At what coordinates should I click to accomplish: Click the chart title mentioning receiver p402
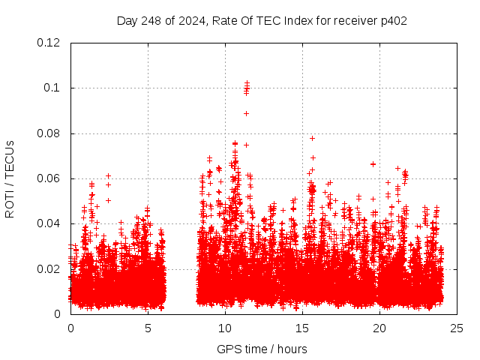pyautogui.click(x=262, y=20)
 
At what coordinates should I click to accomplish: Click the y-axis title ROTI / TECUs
pyautogui.click(x=10, y=178)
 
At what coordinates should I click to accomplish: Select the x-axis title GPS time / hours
pyautogui.click(x=262, y=349)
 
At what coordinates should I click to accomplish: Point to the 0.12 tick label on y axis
pyautogui.click(x=49, y=43)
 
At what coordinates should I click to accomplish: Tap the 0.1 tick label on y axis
pyautogui.click(x=52, y=88)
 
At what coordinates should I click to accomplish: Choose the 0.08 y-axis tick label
pyautogui.click(x=49, y=133)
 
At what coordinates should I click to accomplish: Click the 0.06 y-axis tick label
pyautogui.click(x=49, y=178)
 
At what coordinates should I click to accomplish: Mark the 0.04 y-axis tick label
pyautogui.click(x=49, y=223)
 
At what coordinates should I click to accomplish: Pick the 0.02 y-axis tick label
pyautogui.click(x=49, y=269)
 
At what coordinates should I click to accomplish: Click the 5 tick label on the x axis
pyautogui.click(x=148, y=328)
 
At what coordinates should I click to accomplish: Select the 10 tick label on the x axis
pyautogui.click(x=225, y=328)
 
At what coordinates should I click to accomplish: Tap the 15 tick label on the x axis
pyautogui.click(x=302, y=328)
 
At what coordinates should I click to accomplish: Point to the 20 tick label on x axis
pyautogui.click(x=379, y=328)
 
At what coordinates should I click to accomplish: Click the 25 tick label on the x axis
pyautogui.click(x=457, y=328)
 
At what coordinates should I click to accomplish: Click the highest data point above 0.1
pyautogui.click(x=247, y=82)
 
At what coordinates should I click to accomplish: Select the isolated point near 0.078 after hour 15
pyautogui.click(x=312, y=138)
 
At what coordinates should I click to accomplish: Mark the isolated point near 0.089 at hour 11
pyautogui.click(x=246, y=113)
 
